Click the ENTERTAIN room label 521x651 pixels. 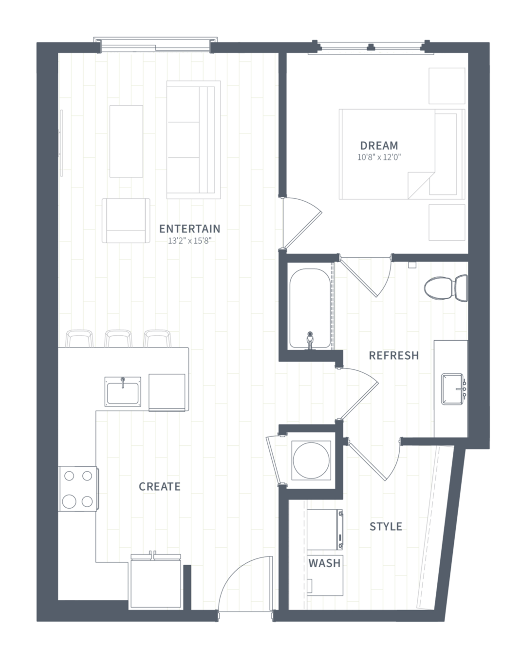pyautogui.click(x=189, y=229)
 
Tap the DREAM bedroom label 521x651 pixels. pyautogui.click(x=379, y=146)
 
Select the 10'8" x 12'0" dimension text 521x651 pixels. pyautogui.click(x=379, y=157)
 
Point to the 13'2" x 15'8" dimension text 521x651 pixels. pyautogui.click(x=189, y=241)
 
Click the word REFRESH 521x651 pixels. pyautogui.click(x=394, y=356)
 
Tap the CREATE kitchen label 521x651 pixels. pyautogui.click(x=160, y=487)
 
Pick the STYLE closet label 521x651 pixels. pyautogui.click(x=386, y=527)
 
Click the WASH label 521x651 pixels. pyautogui.click(x=324, y=563)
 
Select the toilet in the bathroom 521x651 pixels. pyautogui.click(x=446, y=287)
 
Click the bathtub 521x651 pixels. pyautogui.click(x=310, y=308)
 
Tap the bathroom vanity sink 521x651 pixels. pyautogui.click(x=452, y=389)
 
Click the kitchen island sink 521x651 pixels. pyautogui.click(x=123, y=392)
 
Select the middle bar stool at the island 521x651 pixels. pyautogui.click(x=118, y=339)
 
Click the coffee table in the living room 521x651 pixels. pyautogui.click(x=126, y=141)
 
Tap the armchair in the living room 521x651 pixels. pyautogui.click(x=126, y=221)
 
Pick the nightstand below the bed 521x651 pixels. pyautogui.click(x=447, y=222)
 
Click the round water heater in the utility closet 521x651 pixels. pyautogui.click(x=311, y=460)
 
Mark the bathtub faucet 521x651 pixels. pyautogui.click(x=310, y=341)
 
